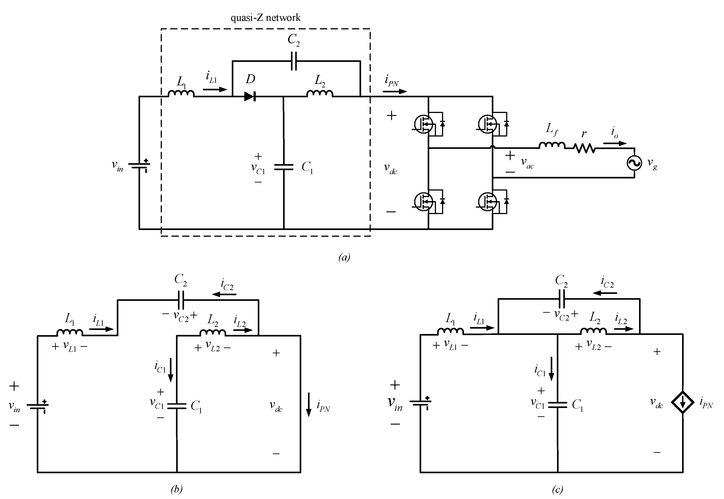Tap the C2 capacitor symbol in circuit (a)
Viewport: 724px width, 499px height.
294,61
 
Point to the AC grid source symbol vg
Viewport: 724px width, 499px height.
634,163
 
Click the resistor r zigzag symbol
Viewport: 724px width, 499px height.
584,148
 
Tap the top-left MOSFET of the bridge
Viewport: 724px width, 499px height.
424,124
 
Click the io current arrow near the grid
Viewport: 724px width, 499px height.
615,143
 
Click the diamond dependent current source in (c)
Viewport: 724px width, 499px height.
683,402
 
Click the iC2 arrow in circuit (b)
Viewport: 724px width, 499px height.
224,294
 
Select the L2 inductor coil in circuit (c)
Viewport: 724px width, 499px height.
593,331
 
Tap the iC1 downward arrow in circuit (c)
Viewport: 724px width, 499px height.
551,369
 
